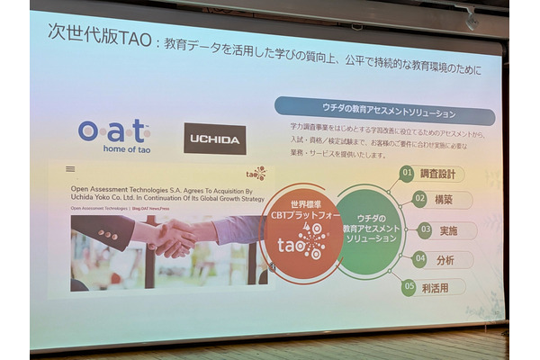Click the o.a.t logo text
(x=112, y=131)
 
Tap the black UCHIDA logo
(x=214, y=139)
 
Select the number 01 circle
(x=408, y=172)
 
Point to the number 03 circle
(x=424, y=229)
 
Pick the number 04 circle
(x=418, y=259)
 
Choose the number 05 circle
(x=409, y=287)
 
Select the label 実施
(x=449, y=230)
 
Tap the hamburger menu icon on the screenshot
(x=70, y=168)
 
